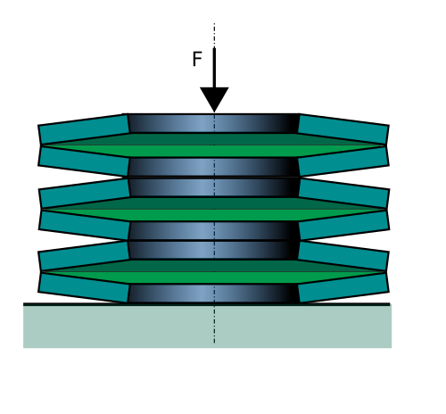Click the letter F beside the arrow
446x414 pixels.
coord(197,59)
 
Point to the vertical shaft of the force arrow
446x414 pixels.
coord(214,68)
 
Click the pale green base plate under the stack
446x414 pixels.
coord(207,327)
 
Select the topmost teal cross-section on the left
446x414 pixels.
coord(84,129)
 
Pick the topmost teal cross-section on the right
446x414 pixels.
coord(343,129)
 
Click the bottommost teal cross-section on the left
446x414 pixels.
coord(84,287)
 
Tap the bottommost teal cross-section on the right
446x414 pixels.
coord(343,287)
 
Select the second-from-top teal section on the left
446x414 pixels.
coord(84,161)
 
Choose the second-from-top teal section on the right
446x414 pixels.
coord(343,161)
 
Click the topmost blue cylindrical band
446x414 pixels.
coord(214,123)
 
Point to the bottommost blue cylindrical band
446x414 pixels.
coord(214,294)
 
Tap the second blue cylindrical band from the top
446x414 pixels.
coord(214,167)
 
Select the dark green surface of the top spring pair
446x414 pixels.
coord(214,139)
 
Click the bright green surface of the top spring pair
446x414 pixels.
coord(214,151)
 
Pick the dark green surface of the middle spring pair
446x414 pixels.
coord(214,203)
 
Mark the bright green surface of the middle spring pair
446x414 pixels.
coord(214,215)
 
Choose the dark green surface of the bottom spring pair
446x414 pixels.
coord(214,266)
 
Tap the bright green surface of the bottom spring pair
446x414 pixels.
coord(214,277)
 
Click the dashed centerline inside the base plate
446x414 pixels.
coord(214,324)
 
